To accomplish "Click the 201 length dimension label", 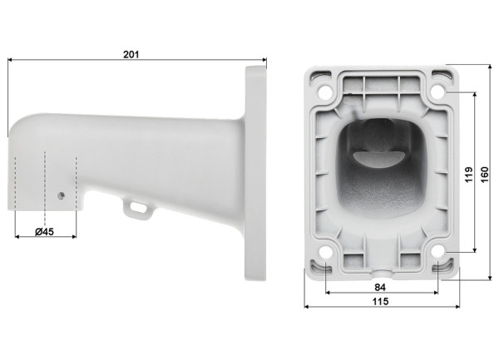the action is point(131,54).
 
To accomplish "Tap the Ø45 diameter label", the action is point(44,232).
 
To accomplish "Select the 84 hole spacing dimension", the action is point(380,288).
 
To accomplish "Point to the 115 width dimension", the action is point(381,301).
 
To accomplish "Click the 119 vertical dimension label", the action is point(469,175).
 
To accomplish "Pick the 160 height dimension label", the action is point(484,175).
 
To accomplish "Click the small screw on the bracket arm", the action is point(61,195).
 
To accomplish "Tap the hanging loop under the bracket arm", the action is point(138,210).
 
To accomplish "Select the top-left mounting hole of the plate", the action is point(325,92).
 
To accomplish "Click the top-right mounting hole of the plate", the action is point(437,91).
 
